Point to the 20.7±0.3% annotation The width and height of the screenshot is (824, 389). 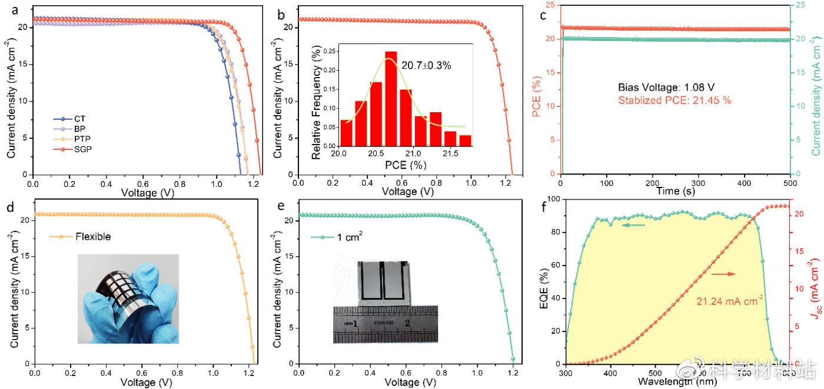tap(426, 66)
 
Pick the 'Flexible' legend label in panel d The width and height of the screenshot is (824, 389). tap(93, 237)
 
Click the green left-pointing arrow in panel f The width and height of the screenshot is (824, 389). tap(634, 224)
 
